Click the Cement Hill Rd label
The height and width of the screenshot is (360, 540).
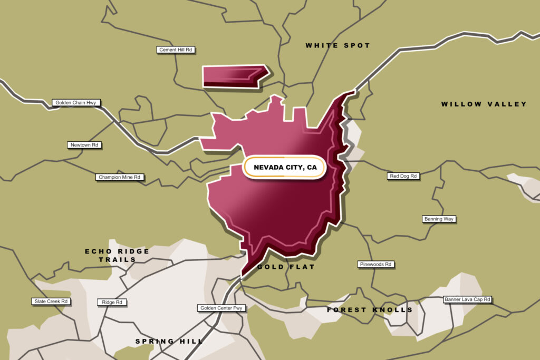tap(176, 50)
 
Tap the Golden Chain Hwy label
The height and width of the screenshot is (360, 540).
tap(76, 103)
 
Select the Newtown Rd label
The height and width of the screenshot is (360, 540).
tap(85, 145)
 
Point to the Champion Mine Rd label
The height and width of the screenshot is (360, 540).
tap(120, 178)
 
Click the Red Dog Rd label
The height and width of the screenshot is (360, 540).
tap(403, 176)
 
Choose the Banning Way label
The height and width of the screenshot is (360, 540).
tap(439, 219)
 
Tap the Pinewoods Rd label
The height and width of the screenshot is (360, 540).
tap(375, 264)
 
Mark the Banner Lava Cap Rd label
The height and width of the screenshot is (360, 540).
tap(467, 299)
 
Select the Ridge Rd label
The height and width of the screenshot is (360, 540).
tap(111, 303)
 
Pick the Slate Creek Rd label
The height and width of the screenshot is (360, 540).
tap(51, 301)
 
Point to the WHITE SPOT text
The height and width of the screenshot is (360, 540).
tap(337, 46)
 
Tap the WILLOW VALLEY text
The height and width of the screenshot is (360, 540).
tap(484, 104)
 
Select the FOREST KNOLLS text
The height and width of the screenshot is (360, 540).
tap(369, 310)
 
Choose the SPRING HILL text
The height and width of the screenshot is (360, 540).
tap(169, 342)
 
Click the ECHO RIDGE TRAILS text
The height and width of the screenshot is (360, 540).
tap(117, 255)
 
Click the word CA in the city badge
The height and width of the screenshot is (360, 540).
tap(311, 168)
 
